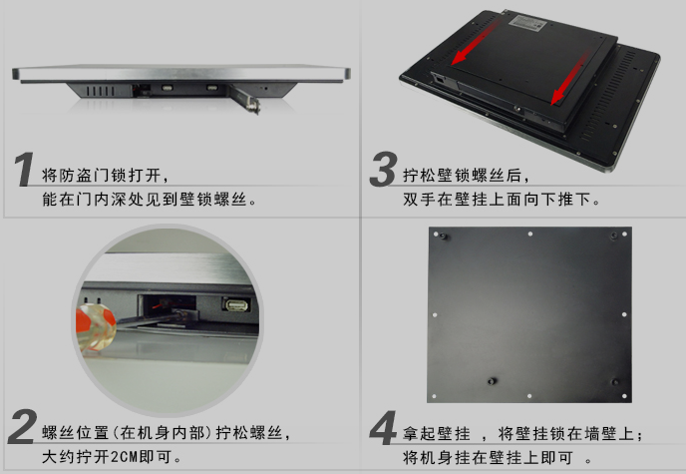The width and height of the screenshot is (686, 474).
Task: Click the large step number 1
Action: point(24,169)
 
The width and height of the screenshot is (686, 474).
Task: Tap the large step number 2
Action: point(22,426)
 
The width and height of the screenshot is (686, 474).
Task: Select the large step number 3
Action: point(383,169)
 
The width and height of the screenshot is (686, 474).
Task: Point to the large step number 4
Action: point(383,427)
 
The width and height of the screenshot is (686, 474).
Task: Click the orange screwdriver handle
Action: point(95,326)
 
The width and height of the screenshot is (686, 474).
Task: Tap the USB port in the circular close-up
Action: point(236,304)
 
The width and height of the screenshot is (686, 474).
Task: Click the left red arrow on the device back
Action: point(475,43)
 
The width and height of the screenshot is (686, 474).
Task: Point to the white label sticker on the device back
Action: point(529,22)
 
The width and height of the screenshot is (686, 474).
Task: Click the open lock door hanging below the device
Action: point(246,99)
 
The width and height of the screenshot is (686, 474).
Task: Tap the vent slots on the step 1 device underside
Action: point(100,91)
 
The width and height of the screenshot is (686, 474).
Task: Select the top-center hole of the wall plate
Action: point(529,235)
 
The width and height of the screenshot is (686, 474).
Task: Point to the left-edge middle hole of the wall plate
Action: point(435,315)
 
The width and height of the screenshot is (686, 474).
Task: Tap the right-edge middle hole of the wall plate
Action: point(624,314)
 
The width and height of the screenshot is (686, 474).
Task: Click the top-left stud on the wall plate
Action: point(443,237)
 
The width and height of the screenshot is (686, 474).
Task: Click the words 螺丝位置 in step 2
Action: point(75,433)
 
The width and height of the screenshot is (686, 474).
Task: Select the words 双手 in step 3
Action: point(419,200)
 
